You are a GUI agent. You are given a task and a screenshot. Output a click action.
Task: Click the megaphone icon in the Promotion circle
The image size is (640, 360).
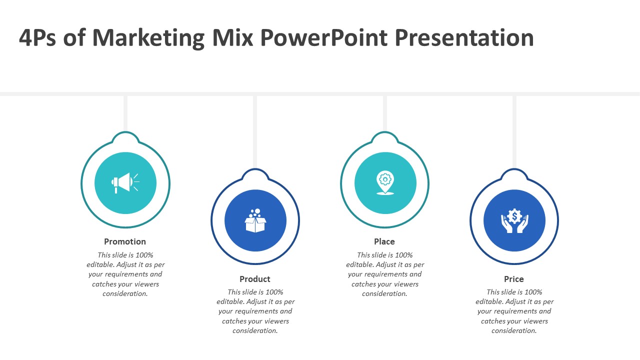(x=125, y=183)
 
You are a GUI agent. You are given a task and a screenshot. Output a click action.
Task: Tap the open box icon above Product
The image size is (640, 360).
(x=255, y=220)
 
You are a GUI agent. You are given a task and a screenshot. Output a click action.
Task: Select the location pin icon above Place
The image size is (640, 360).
(x=385, y=183)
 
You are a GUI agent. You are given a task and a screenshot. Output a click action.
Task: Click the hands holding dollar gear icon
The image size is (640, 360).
(x=514, y=220)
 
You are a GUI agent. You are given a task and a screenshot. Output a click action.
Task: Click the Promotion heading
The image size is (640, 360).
(x=125, y=241)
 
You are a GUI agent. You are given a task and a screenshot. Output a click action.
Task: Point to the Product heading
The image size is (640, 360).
(x=255, y=279)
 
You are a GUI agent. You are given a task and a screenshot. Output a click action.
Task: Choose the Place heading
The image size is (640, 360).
(x=384, y=241)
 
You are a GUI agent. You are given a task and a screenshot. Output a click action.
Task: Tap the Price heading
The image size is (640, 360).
(x=513, y=279)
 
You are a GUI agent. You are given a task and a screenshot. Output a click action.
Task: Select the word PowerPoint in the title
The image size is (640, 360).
(x=323, y=37)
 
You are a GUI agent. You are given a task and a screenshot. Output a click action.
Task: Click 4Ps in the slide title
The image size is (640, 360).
(x=37, y=37)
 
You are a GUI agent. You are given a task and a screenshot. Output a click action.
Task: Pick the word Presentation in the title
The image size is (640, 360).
(x=464, y=37)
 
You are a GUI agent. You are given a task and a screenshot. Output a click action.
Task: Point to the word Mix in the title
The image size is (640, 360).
(x=232, y=37)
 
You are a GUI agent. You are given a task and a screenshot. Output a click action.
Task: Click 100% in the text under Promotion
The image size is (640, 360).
(x=144, y=255)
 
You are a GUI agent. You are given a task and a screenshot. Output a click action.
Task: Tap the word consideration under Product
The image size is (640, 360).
(x=255, y=330)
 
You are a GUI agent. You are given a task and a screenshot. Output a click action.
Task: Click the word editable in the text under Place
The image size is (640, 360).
(x=359, y=264)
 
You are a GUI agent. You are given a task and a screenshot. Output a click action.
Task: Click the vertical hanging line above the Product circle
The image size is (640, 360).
(x=255, y=132)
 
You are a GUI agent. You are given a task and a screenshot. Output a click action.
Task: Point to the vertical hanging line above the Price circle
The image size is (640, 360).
(x=514, y=132)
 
